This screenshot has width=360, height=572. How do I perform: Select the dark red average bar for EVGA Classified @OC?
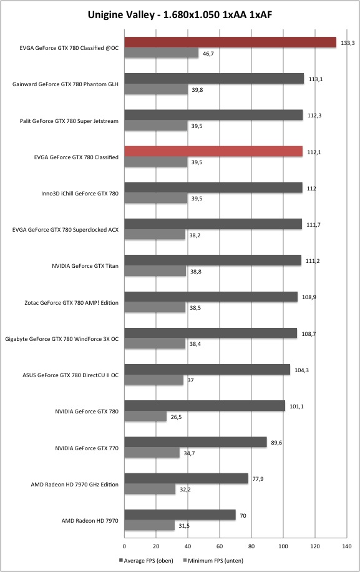230,42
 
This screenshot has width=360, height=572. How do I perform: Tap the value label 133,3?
348,43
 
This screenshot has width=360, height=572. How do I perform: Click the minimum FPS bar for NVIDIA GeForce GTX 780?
145,417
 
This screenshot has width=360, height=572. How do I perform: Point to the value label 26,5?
176,417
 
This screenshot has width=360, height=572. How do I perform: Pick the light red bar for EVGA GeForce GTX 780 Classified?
213,151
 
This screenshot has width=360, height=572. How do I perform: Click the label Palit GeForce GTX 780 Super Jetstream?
69,121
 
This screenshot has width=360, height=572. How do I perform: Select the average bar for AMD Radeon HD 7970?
180,515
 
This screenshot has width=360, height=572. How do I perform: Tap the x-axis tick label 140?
347,546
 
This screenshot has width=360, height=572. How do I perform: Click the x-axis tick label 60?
220,546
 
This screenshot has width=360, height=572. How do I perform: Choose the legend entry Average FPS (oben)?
146,560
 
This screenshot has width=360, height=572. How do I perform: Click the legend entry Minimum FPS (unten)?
213,560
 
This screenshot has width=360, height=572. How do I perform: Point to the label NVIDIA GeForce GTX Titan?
85,266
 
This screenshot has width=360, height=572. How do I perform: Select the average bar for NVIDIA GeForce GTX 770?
196,442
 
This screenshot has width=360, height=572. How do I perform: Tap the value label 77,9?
258,479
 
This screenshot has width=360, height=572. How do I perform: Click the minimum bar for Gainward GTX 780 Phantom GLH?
156,89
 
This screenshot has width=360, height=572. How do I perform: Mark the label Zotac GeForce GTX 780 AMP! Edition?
71,303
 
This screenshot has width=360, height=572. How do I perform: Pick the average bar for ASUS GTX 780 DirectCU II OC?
207,370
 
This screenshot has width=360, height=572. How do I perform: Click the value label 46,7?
208,54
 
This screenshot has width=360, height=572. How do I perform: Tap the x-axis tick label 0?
124,546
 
